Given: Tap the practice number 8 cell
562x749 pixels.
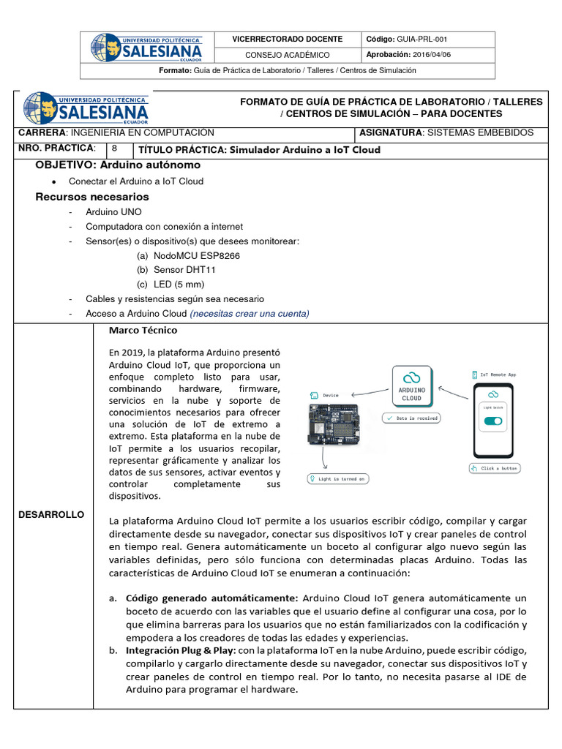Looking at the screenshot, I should (116, 148).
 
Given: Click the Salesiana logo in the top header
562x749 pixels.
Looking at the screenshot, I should (146, 47).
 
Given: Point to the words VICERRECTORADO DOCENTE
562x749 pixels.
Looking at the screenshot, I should (287, 39).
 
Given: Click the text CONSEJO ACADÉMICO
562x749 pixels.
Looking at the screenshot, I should (287, 55).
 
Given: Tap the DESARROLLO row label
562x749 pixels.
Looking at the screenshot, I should (52, 515).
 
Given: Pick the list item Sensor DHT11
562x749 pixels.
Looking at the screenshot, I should (184, 270).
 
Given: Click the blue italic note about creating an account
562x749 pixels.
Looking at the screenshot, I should (250, 314).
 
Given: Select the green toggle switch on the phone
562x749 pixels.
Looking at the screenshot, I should (493, 421).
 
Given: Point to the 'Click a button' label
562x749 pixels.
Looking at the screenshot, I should (494, 468).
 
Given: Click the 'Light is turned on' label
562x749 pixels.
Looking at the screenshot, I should (338, 479).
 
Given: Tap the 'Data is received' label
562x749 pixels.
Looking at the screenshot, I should (411, 418).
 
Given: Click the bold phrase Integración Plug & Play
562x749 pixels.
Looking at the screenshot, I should (181, 650).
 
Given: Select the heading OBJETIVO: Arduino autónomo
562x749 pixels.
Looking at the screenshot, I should (118, 165).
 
